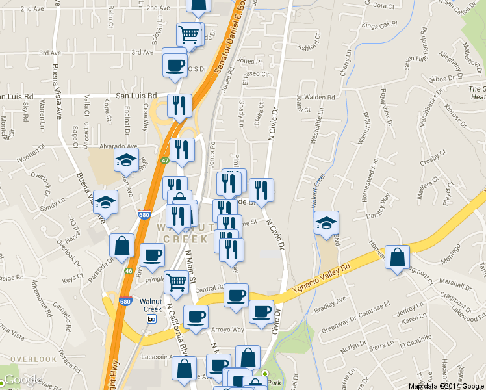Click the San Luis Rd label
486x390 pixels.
[136, 95]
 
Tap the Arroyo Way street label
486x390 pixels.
[228, 329]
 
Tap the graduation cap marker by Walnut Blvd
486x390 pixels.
[326, 223]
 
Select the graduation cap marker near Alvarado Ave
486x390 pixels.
[126, 159]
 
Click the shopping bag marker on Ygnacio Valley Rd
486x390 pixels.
[396, 257]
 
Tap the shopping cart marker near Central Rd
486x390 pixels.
[175, 282]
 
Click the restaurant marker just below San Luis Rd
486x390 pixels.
[179, 105]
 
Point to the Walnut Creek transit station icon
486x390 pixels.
[151, 318]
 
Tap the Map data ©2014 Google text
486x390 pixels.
[446, 386]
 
